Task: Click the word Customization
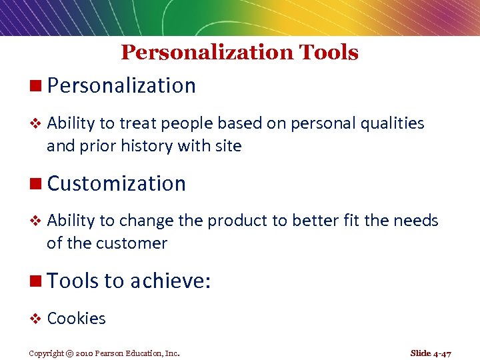117,183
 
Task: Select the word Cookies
76,319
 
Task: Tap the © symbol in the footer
69,353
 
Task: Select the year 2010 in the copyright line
83,353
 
